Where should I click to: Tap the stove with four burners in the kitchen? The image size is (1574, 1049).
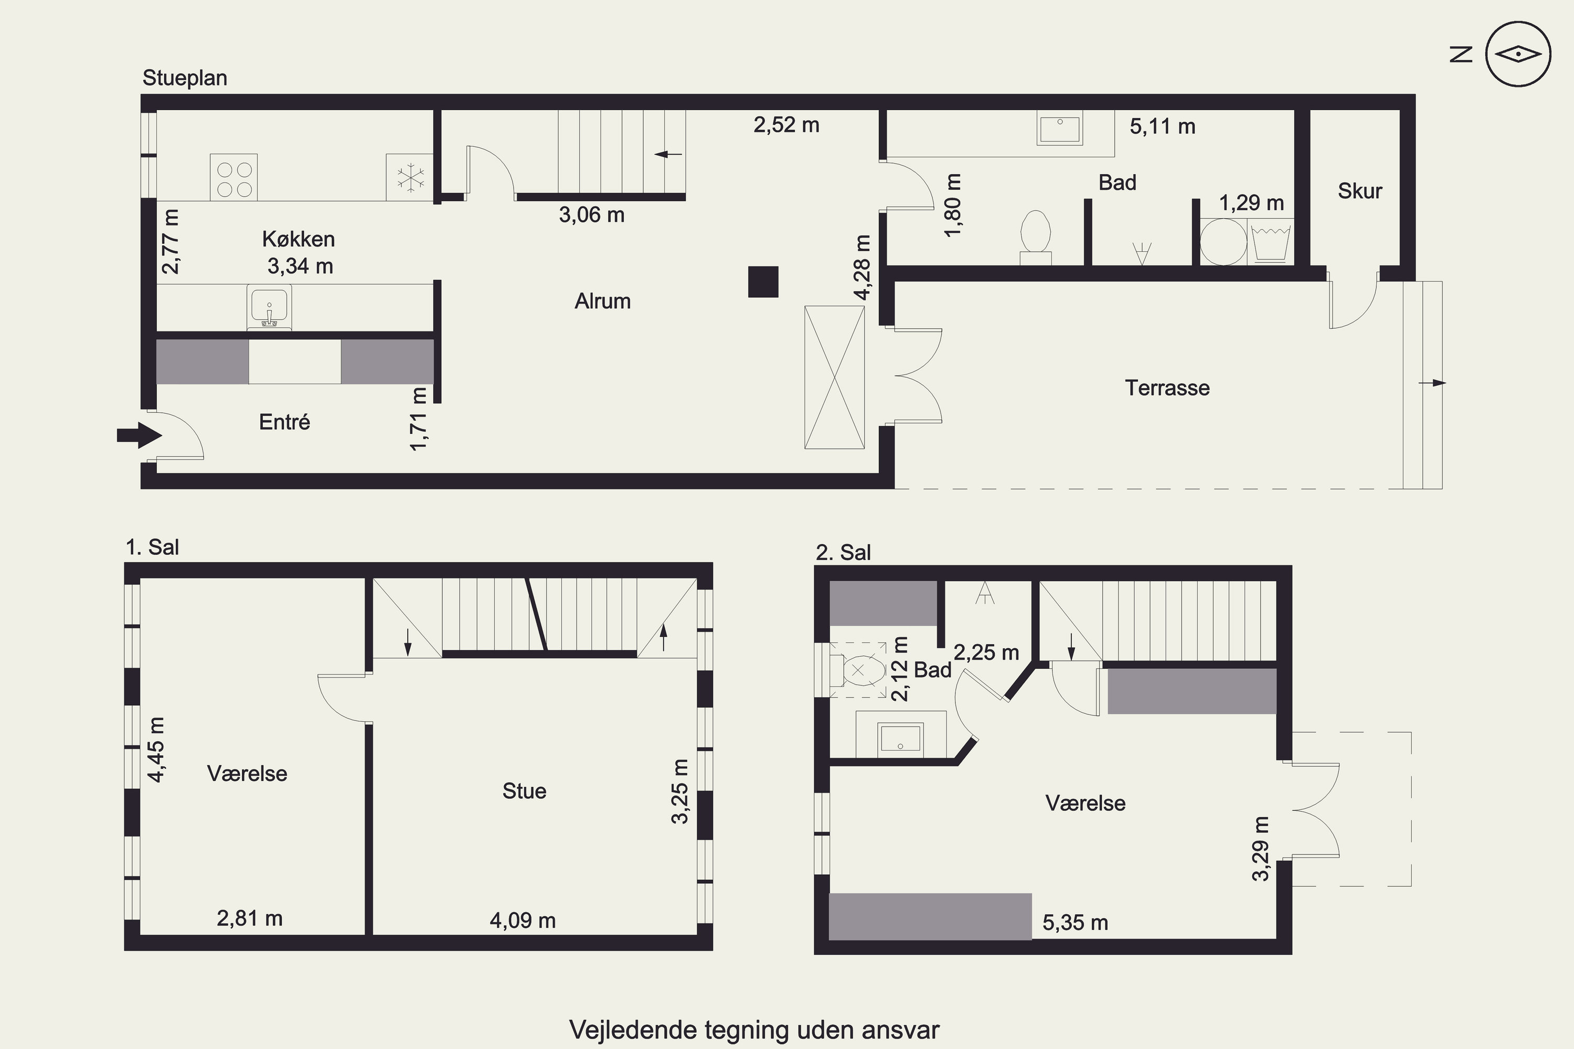point(233,177)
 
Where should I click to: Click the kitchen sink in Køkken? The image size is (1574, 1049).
point(269,307)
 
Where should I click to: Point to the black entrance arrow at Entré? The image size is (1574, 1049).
point(139,435)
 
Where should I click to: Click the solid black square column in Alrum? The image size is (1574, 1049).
point(763,282)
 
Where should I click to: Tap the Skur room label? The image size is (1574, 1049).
point(1360,191)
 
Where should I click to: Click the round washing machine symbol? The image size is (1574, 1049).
point(1224,241)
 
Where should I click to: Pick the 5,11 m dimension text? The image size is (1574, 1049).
point(1163,126)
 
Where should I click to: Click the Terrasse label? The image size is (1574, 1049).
point(1167,388)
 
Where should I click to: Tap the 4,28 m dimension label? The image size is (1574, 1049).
point(863,267)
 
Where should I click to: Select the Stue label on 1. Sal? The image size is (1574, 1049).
point(524,791)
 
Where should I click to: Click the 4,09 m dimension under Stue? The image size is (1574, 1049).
point(523,921)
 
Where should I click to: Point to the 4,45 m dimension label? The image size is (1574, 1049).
point(156,750)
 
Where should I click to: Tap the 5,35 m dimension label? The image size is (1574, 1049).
point(1076,923)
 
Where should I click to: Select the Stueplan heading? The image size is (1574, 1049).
point(185,78)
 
